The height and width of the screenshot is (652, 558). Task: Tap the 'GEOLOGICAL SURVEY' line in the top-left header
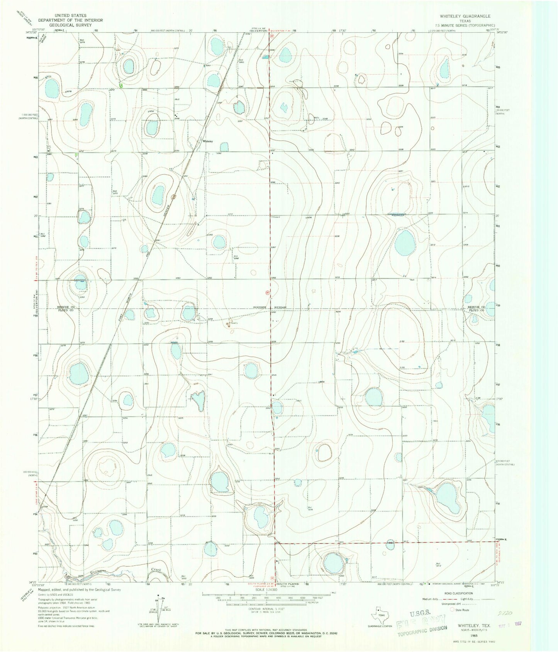pyautogui.click(x=70, y=24)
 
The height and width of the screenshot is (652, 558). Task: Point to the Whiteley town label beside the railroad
pyautogui.click(x=208, y=141)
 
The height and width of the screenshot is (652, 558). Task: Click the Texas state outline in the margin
pyautogui.click(x=378, y=612)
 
